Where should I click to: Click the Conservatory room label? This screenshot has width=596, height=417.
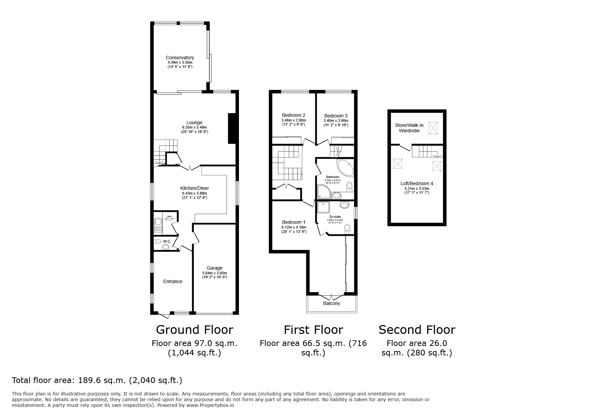(180, 58)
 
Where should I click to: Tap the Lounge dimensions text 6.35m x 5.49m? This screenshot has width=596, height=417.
(195, 128)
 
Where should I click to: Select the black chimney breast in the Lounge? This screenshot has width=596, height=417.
(232, 129)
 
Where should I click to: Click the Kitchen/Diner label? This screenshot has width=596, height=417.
(195, 188)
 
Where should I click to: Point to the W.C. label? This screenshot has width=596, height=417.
(167, 241)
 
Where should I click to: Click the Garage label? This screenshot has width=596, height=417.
(214, 268)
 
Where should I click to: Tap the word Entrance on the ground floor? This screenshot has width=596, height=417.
(173, 281)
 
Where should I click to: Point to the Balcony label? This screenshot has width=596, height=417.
(331, 303)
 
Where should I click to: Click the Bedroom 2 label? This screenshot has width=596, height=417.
(293, 115)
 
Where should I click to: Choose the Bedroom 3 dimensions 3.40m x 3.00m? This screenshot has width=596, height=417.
(336, 120)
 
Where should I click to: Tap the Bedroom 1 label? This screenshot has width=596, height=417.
(293, 222)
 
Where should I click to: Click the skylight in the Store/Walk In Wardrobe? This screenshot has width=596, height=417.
(433, 128)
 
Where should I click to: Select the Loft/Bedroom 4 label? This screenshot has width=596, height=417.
(417, 183)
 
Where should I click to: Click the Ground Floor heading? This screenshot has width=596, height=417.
(195, 330)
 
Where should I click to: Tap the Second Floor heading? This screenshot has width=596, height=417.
(417, 330)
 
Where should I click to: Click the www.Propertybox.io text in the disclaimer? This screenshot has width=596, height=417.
(210, 405)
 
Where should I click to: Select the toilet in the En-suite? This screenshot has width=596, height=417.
(347, 229)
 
